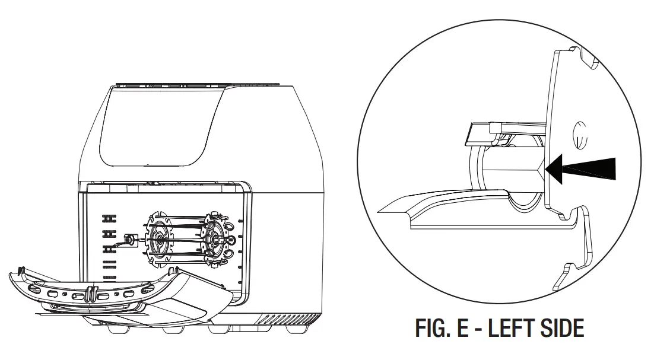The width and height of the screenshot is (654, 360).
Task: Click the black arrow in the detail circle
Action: (x=580, y=169)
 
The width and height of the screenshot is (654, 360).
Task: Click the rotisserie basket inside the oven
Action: (x=188, y=239)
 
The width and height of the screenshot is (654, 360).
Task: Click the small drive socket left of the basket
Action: (x=131, y=240)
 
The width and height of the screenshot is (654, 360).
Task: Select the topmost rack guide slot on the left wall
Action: (x=109, y=218)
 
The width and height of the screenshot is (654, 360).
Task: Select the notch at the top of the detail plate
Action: (x=586, y=58)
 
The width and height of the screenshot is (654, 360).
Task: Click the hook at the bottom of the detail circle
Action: (x=572, y=276)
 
